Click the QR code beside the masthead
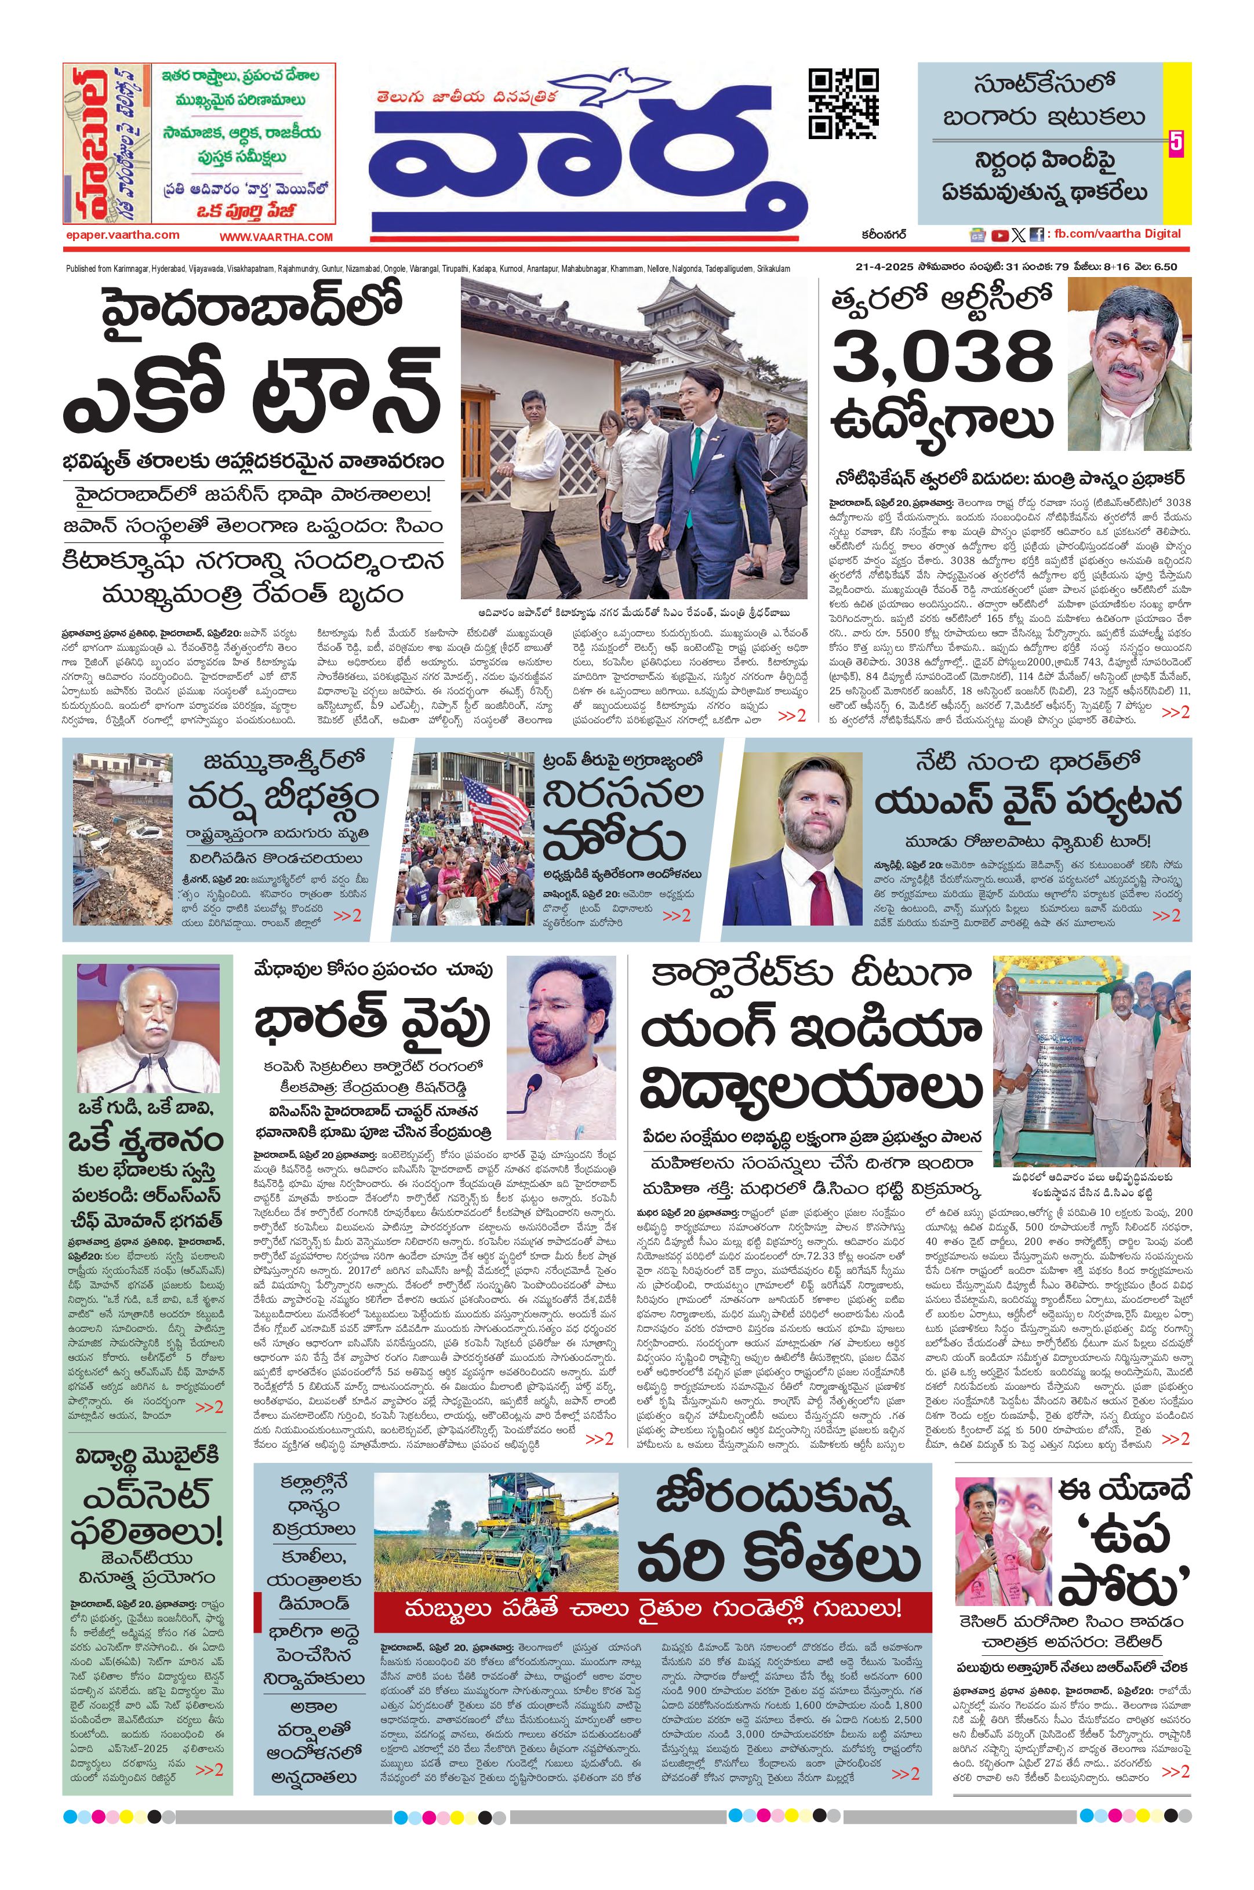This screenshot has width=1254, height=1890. (843, 104)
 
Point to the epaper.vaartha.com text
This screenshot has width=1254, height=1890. (122, 235)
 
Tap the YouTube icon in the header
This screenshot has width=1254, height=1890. (999, 235)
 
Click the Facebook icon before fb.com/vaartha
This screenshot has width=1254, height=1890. (1037, 235)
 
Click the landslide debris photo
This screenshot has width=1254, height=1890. (122, 839)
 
